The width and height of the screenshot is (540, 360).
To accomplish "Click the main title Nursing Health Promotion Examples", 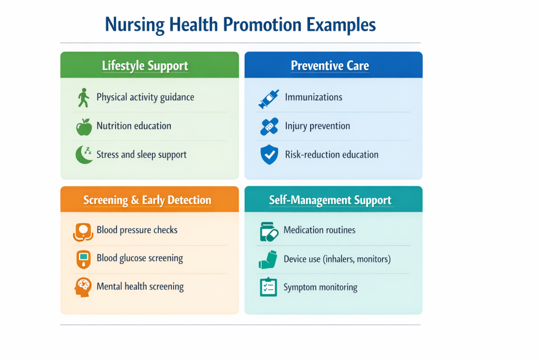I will click(x=240, y=25).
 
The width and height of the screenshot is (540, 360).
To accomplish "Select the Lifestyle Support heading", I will click(x=145, y=66).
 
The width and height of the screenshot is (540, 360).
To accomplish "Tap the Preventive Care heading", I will click(x=330, y=66).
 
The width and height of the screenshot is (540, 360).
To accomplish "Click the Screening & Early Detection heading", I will click(x=147, y=200).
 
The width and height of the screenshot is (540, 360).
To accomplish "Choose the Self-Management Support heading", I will click(x=330, y=200).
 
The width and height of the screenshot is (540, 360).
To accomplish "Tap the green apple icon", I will click(x=83, y=127).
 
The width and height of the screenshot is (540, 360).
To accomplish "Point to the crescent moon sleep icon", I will click(x=83, y=154).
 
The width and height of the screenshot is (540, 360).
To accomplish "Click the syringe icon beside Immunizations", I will click(x=268, y=99).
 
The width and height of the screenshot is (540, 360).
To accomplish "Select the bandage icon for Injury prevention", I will click(x=269, y=127).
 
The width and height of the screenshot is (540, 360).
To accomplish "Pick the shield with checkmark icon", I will click(x=269, y=155).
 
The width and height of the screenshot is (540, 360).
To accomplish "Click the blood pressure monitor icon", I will click(x=83, y=231).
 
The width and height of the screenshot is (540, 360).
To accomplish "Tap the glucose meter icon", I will click(x=83, y=259).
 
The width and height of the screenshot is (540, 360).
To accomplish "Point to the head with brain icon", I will click(x=83, y=287).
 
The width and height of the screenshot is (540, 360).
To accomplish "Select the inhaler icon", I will click(x=268, y=259).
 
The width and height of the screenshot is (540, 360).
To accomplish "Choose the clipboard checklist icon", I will click(x=268, y=287).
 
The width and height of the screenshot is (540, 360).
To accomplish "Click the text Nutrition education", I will click(x=134, y=126).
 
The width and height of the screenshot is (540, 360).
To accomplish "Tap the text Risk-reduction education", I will click(x=332, y=154).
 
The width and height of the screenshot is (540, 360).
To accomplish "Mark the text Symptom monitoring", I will click(x=320, y=287).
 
